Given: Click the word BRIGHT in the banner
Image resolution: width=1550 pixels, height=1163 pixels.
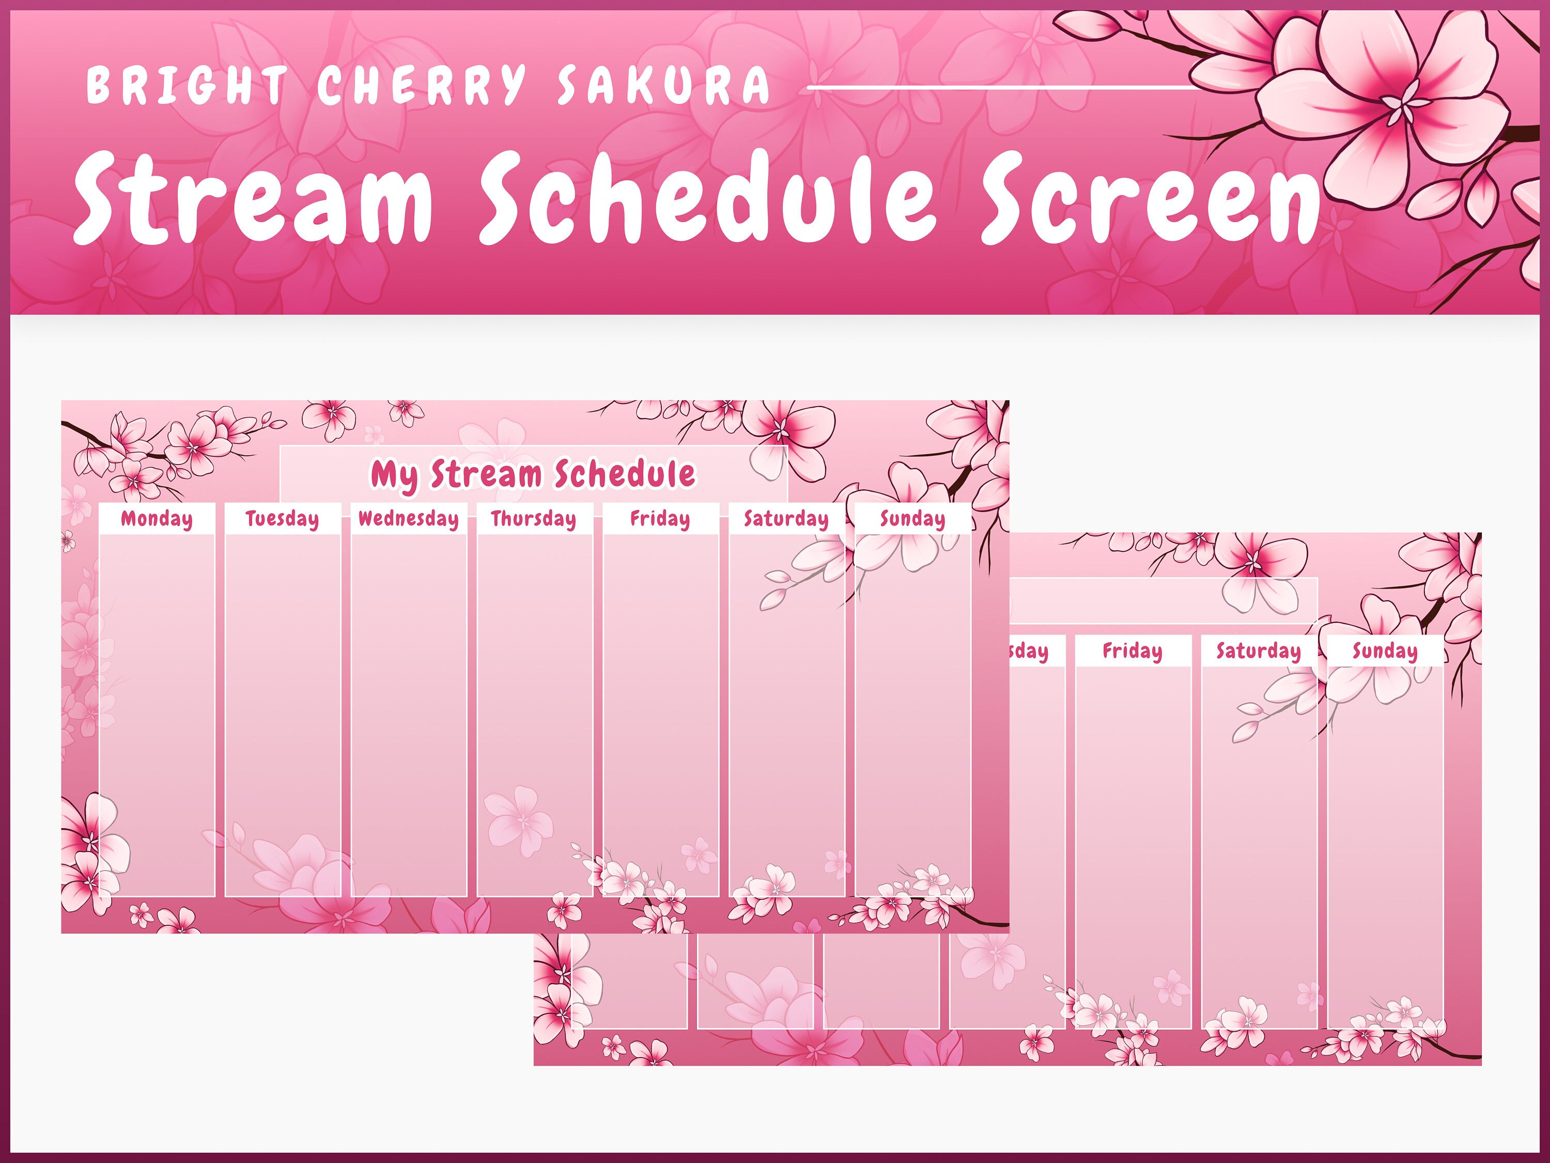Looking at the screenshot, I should click(x=187, y=85).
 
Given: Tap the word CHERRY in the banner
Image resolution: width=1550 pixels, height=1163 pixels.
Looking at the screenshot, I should click(x=421, y=85).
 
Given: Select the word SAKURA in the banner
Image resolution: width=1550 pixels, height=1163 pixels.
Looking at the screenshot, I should click(x=663, y=85).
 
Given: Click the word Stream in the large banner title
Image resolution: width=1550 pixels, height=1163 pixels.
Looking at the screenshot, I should click(x=254, y=199).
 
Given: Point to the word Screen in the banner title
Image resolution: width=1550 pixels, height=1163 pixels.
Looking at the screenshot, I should click(x=1149, y=199).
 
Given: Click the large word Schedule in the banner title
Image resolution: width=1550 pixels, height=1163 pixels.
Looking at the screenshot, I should click(x=708, y=199).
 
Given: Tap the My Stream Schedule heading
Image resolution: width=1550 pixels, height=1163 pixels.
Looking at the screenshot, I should click(x=533, y=474).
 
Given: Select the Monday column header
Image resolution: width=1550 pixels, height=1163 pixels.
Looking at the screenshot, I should click(x=156, y=519).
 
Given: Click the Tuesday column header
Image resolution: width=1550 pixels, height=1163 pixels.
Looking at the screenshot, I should click(x=283, y=519).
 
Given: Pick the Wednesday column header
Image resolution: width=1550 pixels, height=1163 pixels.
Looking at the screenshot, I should click(x=409, y=519).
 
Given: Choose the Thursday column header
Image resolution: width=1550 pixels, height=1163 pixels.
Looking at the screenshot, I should click(x=534, y=519).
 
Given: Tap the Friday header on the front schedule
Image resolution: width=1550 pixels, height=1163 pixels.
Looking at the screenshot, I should click(x=660, y=519).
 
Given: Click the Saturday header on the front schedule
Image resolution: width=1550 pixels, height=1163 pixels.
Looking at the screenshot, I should click(x=786, y=519).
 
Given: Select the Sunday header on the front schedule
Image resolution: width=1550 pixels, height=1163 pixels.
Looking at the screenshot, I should click(x=912, y=519).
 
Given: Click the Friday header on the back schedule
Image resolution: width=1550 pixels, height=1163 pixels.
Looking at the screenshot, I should click(x=1133, y=652).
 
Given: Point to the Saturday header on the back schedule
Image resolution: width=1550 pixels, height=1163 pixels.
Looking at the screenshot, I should click(x=1259, y=652).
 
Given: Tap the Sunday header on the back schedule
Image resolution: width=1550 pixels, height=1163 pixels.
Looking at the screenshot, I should click(x=1385, y=652).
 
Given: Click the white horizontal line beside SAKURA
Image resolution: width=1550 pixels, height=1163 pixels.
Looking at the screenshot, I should click(x=1002, y=88).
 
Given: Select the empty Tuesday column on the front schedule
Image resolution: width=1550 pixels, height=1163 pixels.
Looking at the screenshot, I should click(x=283, y=715).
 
